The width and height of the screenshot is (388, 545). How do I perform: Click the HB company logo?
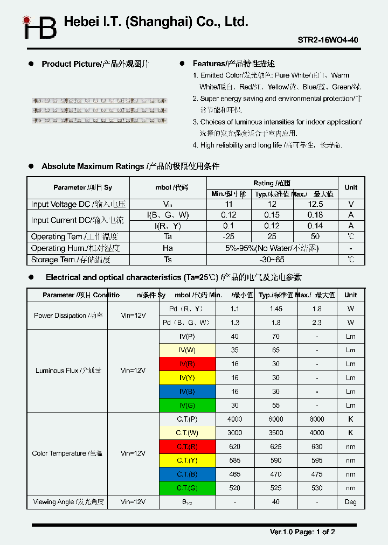tap(39, 27)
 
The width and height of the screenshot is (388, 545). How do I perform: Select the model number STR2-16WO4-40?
tap(328, 40)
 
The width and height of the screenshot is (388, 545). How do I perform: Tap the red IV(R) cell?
tap(187, 364)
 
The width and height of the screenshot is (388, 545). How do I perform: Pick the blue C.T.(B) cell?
tap(187, 474)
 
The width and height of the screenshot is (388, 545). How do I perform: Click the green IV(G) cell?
tap(187, 406)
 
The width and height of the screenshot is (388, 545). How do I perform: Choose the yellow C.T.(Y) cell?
tap(187, 460)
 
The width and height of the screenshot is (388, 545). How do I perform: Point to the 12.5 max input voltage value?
tap(315, 204)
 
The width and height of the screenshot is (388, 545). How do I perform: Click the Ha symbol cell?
tap(168, 248)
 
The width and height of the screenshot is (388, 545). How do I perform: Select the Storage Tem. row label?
tap(71, 260)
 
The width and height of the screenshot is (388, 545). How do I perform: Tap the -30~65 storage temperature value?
tap(272, 260)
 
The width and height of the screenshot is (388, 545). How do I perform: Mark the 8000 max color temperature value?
tap(317, 419)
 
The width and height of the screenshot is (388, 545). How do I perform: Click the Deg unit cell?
tap(350, 502)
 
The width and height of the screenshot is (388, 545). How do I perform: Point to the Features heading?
tap(233, 64)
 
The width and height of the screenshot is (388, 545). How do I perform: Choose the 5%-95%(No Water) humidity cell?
tap(272, 248)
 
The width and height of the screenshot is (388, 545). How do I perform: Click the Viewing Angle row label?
tap(68, 502)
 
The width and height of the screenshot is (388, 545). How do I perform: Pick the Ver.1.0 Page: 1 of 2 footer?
tap(302, 532)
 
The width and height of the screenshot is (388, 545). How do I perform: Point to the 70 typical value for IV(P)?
tap(275, 337)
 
